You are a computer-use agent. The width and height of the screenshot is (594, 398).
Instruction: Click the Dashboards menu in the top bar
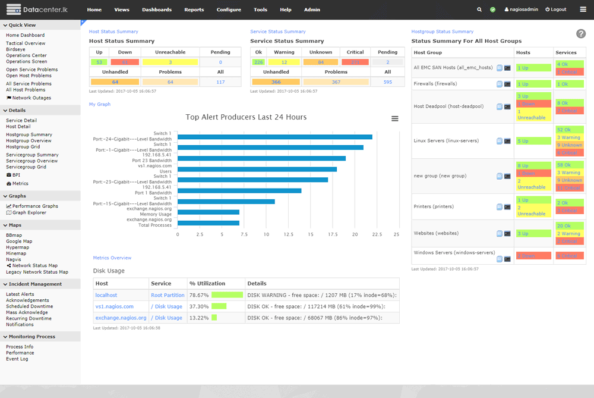tap(157, 10)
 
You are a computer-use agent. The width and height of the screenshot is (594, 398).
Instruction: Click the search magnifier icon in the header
tap(479, 10)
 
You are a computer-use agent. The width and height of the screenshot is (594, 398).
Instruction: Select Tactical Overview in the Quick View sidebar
tap(26, 43)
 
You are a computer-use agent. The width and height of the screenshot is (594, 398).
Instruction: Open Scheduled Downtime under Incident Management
tap(29, 306)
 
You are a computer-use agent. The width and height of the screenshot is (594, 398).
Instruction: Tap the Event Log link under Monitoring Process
tap(17, 359)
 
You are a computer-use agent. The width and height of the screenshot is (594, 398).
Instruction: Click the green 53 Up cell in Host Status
tap(99, 62)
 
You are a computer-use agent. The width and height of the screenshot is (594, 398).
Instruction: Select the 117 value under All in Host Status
tap(220, 82)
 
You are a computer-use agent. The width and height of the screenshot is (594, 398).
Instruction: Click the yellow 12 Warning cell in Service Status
tap(284, 62)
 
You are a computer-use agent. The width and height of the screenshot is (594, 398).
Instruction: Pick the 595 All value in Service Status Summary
tap(388, 82)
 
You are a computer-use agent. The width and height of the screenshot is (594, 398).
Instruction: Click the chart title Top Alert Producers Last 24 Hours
tap(246, 117)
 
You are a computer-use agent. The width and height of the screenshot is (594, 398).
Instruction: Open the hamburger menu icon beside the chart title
tap(395, 118)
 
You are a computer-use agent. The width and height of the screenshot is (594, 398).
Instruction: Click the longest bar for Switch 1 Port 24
tap(274, 137)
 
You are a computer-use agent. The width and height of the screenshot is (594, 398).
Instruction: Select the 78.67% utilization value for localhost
tap(199, 295)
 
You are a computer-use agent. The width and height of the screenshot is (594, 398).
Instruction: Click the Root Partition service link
tap(168, 295)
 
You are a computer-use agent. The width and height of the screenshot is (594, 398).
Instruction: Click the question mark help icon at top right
tap(580, 34)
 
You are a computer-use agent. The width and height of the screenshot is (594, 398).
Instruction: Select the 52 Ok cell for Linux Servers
tap(564, 129)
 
